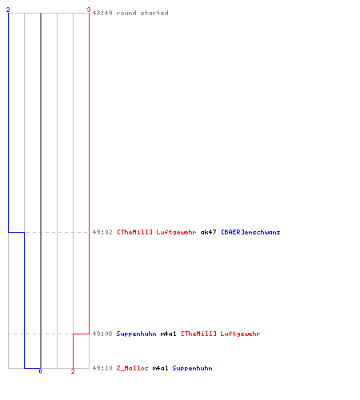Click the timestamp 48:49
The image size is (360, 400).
point(102,13)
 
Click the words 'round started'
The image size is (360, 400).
point(142,13)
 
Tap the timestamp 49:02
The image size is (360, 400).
point(102,232)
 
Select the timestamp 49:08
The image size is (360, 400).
point(102,334)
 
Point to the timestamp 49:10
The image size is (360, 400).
point(102,368)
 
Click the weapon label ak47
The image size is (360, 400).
point(208,232)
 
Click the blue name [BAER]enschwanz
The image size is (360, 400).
point(250,232)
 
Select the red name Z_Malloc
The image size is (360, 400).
point(132,368)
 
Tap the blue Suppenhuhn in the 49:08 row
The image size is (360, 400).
point(136,334)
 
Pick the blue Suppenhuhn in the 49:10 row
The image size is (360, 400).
point(192,368)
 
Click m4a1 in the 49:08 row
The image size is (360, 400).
point(168,334)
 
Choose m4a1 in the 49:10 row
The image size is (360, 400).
point(160,368)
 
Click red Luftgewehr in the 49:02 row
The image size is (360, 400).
point(176,232)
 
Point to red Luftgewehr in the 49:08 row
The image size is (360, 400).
point(240,334)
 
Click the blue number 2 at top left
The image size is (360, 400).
point(8,10)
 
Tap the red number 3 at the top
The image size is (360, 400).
point(89,10)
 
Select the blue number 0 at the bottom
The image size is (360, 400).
point(40,371)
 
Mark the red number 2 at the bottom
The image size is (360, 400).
point(73,371)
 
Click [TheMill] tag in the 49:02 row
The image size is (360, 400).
point(134,232)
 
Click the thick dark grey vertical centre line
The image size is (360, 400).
point(41,190)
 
